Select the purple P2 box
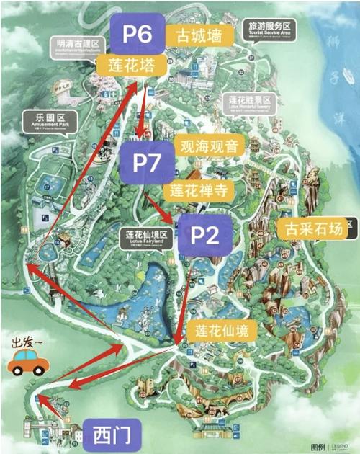click(x=204, y=235)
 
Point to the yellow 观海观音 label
click(x=212, y=145)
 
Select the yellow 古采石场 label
click(x=312, y=228)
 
